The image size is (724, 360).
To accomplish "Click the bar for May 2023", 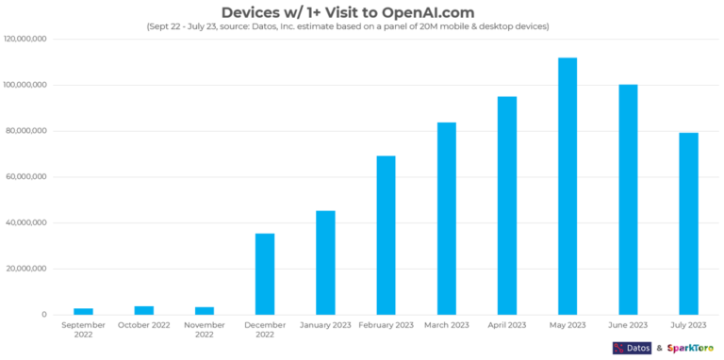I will point(567,187).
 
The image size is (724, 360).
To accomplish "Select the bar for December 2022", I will point(265,274).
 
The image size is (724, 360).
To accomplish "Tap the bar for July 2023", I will point(688,223).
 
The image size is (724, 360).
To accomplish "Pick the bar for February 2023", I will point(386,236).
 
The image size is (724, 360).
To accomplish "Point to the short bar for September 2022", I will point(83,311).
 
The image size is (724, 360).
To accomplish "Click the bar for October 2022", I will point(143,310).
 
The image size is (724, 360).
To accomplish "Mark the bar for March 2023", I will point(446,219).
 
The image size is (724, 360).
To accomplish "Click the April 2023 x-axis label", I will point(506,325).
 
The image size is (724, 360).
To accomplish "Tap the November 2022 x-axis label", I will point(205,330).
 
